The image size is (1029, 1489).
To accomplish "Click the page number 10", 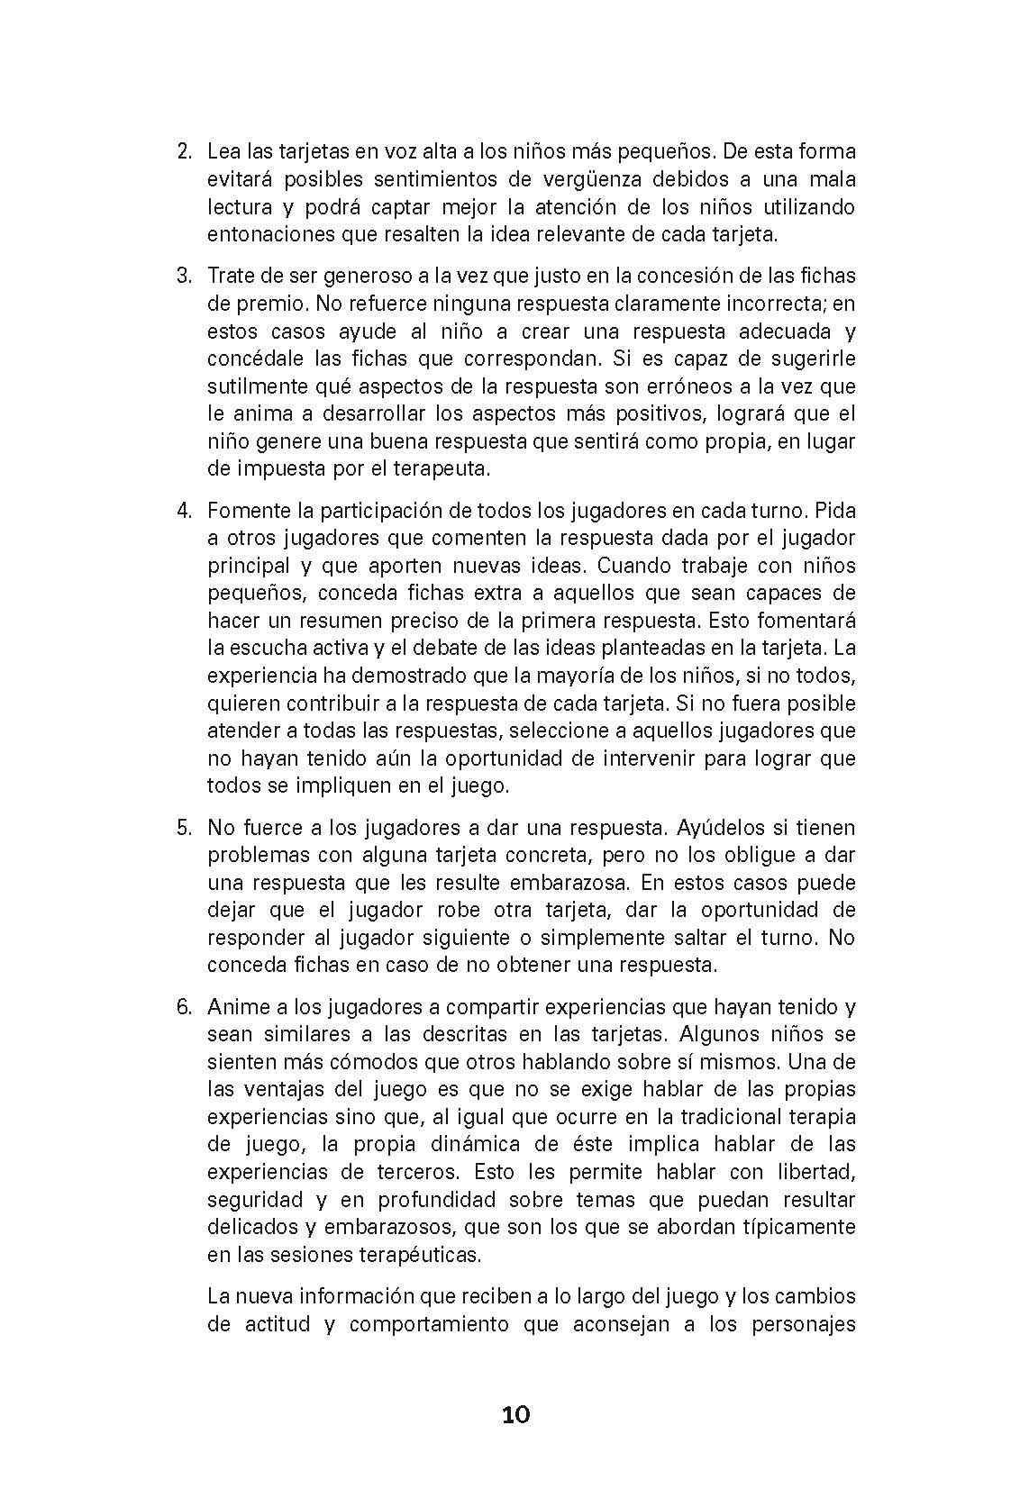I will click(515, 1414).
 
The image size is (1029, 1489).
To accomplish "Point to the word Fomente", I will click(243, 511).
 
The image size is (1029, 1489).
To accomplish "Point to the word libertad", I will click(810, 1172).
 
